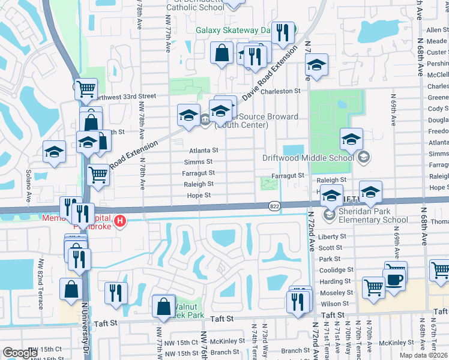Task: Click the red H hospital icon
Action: tap(121, 221)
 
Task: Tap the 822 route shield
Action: tap(273, 206)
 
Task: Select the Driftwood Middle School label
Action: tap(308, 158)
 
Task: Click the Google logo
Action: tap(20, 353)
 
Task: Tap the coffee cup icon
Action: tap(394, 280)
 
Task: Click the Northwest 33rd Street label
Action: tap(118, 96)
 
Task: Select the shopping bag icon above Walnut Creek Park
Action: tap(164, 306)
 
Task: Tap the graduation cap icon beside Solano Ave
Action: tap(55, 151)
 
